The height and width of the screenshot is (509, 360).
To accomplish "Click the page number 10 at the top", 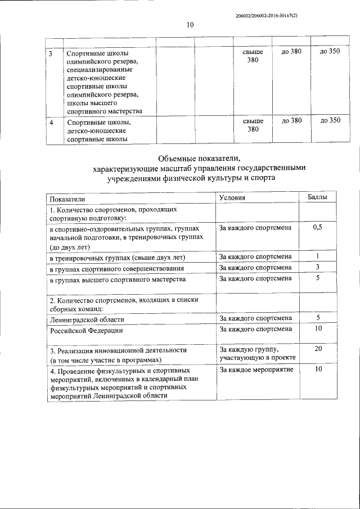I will coord(190,24).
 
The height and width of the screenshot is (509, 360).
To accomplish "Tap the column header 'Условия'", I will coord(232,198).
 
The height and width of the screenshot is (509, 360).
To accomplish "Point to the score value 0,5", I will coord(317,227).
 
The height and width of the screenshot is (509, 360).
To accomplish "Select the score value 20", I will coord(318,349).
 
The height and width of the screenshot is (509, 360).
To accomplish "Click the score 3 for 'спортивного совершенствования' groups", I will coord(318,267).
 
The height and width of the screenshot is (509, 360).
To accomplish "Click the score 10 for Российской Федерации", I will coord(318,329).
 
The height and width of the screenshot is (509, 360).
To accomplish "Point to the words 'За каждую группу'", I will coord(248,349).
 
